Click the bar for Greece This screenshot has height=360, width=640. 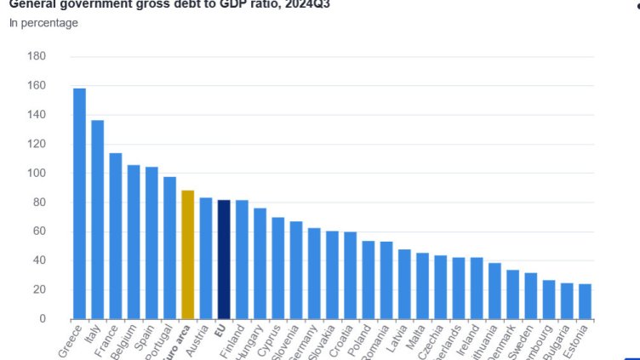(79, 203)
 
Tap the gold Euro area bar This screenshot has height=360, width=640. (188, 254)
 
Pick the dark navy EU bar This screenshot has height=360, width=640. (224, 260)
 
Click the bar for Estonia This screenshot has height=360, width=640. (585, 301)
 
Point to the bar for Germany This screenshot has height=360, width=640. (314, 273)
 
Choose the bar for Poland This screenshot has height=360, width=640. (369, 280)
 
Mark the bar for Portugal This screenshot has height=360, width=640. (170, 248)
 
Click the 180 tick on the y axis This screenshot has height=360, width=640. (37, 56)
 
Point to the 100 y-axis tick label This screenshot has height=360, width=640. (37, 173)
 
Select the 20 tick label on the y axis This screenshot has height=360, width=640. (40, 289)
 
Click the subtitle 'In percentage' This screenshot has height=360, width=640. (43, 23)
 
